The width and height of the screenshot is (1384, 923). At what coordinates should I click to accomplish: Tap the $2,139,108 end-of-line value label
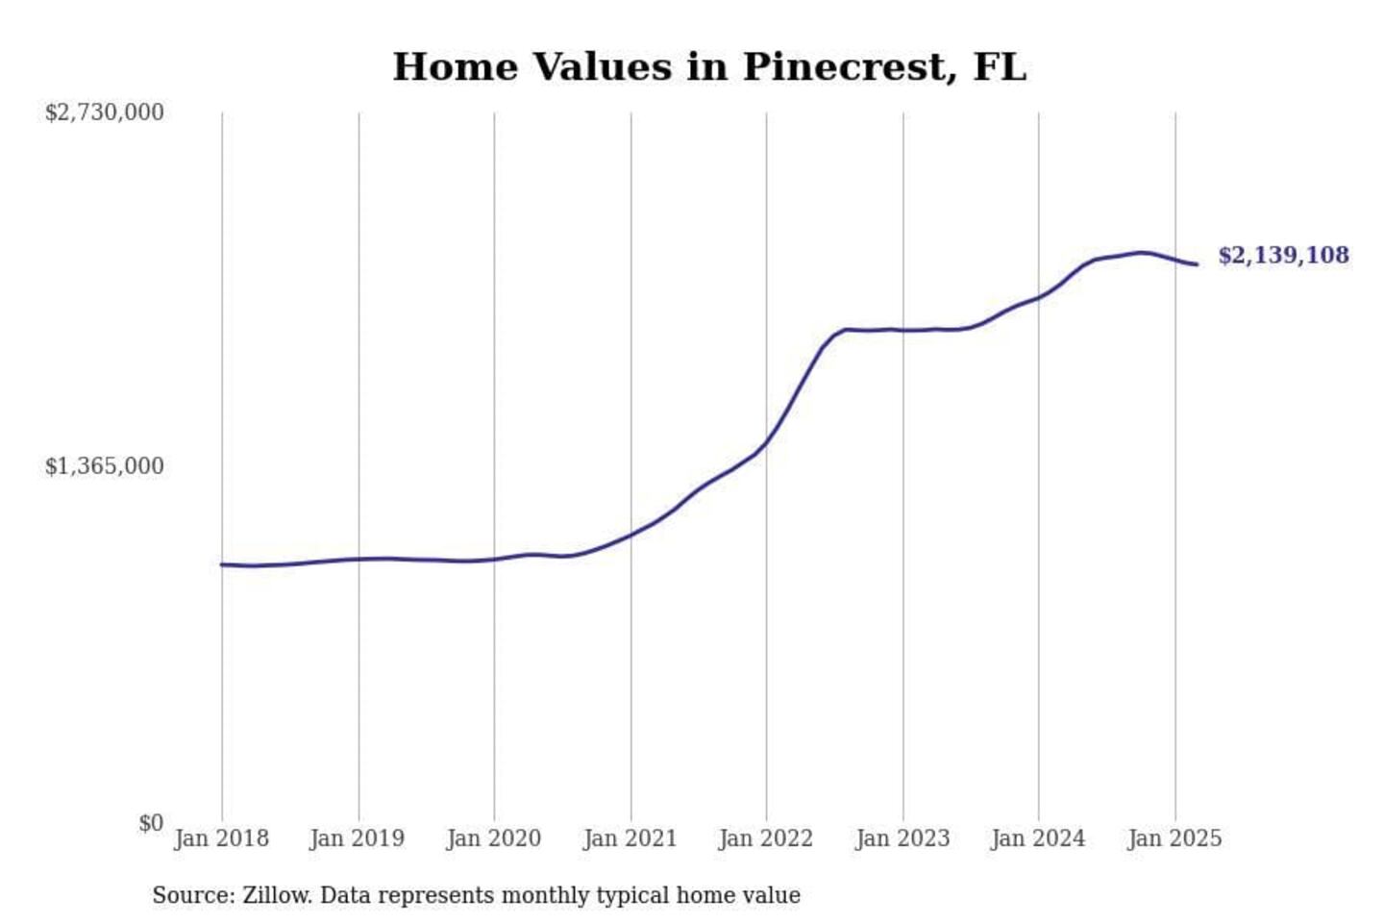click(x=1283, y=256)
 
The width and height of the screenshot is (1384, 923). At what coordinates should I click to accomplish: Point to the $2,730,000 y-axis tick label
click(x=105, y=112)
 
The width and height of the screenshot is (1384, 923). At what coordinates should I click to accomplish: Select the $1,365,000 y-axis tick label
click(x=105, y=466)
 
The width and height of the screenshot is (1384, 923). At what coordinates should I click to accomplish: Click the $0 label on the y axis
click(x=151, y=823)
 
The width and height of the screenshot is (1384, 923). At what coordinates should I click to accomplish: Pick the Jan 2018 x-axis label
click(x=221, y=838)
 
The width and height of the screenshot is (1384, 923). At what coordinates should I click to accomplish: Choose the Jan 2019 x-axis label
click(x=358, y=838)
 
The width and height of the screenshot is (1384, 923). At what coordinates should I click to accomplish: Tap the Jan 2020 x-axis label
click(x=494, y=838)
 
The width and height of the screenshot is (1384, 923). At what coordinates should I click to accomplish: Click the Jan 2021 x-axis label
click(x=630, y=838)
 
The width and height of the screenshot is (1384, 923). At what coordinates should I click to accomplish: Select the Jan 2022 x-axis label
click(x=766, y=838)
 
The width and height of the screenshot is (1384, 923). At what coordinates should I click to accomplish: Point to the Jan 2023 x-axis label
click(x=902, y=838)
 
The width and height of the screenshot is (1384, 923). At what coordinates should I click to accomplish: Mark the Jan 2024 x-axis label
click(x=1038, y=838)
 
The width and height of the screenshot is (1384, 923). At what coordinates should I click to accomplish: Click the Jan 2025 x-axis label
click(x=1174, y=838)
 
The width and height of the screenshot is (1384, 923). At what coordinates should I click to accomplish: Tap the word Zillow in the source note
click(x=277, y=895)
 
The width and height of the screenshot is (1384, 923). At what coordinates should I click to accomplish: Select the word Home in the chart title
click(x=456, y=67)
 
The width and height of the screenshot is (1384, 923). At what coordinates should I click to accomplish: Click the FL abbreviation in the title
click(x=1000, y=67)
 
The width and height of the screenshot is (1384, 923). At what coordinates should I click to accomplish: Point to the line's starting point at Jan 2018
click(x=222, y=564)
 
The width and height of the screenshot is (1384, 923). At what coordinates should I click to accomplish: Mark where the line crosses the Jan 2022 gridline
click(x=767, y=442)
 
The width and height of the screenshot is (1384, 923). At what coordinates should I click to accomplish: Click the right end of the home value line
click(x=1197, y=264)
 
